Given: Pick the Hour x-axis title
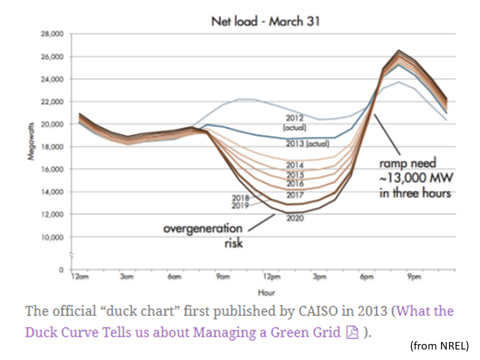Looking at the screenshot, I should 266,292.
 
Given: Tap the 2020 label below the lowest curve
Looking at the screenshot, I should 295,218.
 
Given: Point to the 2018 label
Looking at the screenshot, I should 240,197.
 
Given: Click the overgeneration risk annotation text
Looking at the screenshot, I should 203,235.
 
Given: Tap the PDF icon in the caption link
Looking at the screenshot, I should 352,332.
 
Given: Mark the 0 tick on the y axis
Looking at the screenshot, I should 61,270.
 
